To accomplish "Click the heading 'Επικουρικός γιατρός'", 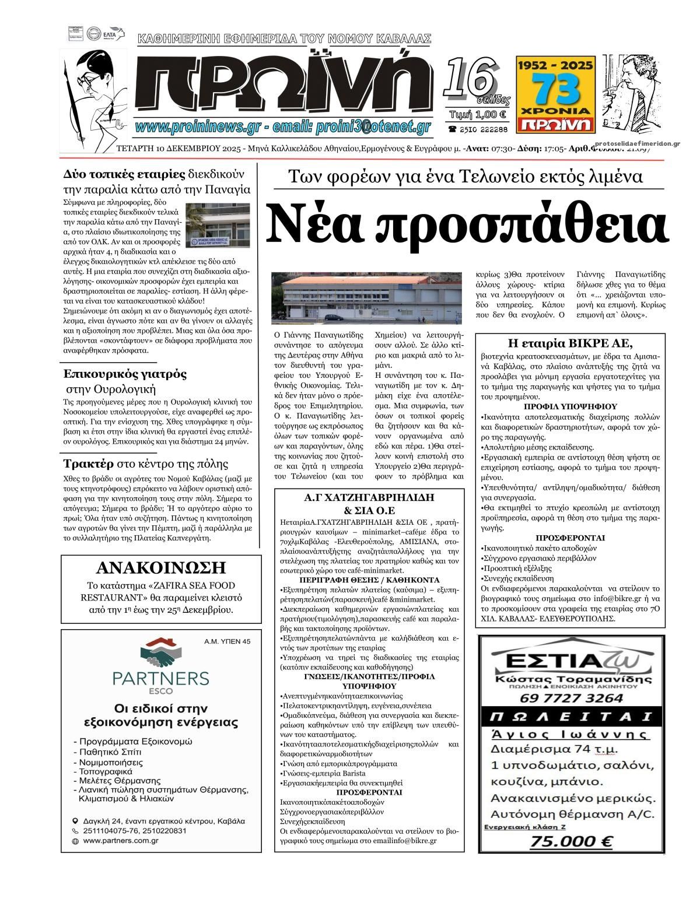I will click(125, 374).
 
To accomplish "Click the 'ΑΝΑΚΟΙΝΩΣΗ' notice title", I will click(161, 567).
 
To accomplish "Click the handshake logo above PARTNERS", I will click(160, 654).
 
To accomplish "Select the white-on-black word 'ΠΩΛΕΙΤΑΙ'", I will click(571, 717).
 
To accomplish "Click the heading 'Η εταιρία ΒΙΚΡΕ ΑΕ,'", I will click(571, 343).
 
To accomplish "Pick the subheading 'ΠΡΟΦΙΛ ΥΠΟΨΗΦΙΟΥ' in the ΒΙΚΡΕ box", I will click(570, 406).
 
